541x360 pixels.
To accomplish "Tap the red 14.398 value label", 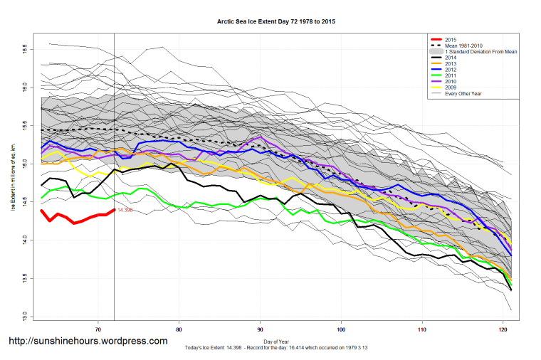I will (x=125, y=211).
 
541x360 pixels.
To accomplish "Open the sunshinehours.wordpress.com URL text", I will (x=88, y=342).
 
